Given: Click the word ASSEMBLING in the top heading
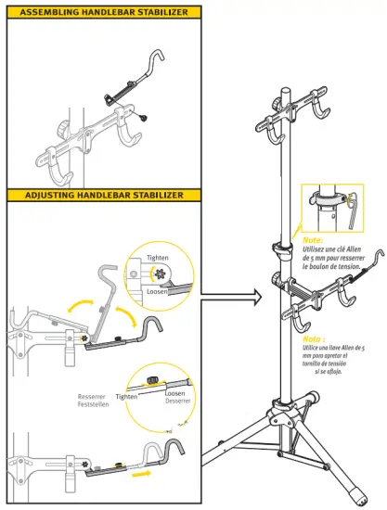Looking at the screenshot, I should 47,12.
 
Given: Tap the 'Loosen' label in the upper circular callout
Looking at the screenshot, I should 157,291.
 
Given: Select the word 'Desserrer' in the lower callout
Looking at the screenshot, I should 178,401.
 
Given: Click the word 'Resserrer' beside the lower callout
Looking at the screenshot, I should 93,395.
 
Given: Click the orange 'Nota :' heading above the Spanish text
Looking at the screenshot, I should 314,339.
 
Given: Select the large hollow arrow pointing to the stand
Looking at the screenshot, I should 228,299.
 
